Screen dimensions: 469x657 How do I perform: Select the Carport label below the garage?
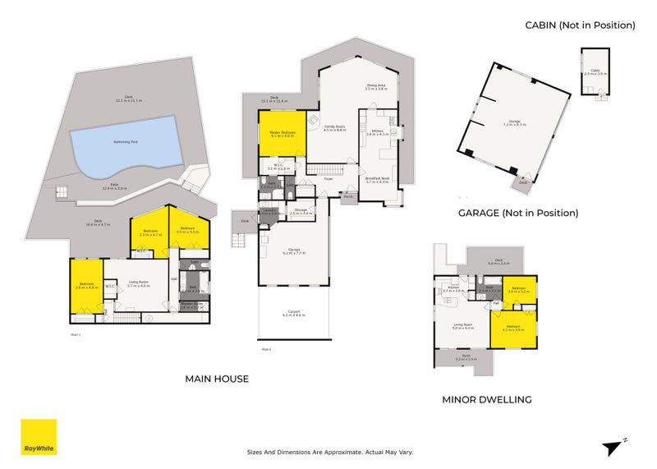click(293, 314)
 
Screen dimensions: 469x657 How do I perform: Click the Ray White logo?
click(39, 437)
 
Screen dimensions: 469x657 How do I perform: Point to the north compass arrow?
click(613, 446)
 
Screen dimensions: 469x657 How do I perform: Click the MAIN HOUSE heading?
click(217, 379)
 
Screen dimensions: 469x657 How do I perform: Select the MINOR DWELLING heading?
click(486, 400)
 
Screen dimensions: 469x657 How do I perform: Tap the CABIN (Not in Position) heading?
click(580, 25)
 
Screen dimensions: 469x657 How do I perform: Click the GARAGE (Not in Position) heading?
click(518, 213)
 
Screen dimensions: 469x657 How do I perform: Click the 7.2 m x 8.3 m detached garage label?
click(514, 123)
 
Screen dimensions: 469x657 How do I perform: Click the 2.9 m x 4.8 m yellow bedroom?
click(86, 286)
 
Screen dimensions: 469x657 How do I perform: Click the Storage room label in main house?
click(301, 212)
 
